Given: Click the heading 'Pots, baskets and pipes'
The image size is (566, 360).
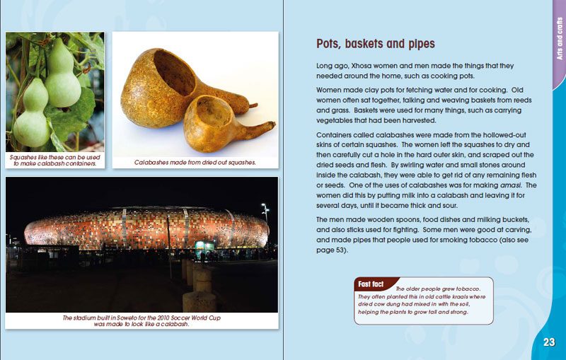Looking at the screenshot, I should (x=375, y=45).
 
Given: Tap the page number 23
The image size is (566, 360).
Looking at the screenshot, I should (x=549, y=342).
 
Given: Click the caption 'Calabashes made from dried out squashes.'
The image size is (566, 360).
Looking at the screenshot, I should (x=195, y=163).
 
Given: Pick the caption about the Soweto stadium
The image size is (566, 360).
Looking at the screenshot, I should (x=141, y=321).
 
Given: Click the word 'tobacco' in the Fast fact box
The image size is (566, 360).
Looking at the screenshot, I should (x=466, y=289).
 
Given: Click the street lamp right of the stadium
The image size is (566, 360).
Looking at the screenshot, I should (x=265, y=209).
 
